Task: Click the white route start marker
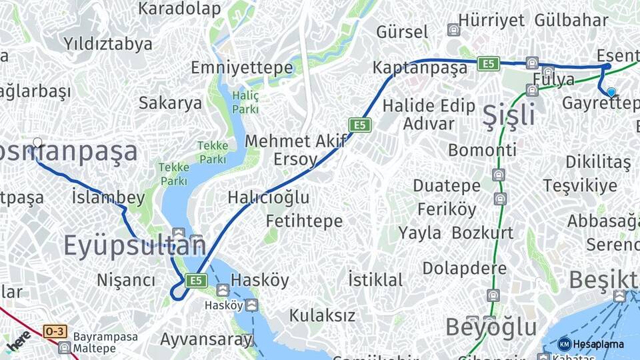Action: point(37,142)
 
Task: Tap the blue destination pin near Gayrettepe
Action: point(611,93)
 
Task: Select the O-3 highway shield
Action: point(54,331)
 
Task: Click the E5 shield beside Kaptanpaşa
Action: point(488,63)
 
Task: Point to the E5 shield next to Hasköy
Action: point(195,281)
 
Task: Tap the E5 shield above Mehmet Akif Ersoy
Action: point(359,125)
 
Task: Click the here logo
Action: point(18,341)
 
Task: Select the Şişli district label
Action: point(509,115)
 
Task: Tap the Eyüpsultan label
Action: point(135,246)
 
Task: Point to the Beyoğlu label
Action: point(491,327)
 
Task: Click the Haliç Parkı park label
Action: point(245,102)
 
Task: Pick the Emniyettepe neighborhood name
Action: point(241,68)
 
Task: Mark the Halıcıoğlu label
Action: point(268,197)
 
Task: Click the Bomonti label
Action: point(482,150)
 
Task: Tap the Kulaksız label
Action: point(322,315)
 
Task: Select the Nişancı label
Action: point(126,280)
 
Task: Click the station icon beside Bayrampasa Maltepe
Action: point(64,347)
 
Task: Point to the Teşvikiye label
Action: point(579,185)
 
